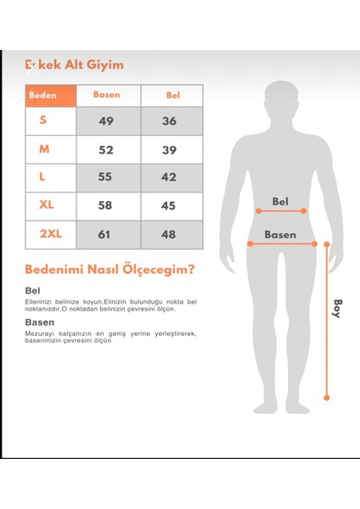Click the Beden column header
42,95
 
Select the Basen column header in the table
107,95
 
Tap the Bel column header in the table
172,95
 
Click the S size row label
43,120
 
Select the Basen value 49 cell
107,121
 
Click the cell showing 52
107,149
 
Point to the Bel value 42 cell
170,177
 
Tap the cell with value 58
107,206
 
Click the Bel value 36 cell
170,121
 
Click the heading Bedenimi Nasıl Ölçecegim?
110,270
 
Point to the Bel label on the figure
280,201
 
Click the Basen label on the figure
279,234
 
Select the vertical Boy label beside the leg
337,308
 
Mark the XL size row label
46,205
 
